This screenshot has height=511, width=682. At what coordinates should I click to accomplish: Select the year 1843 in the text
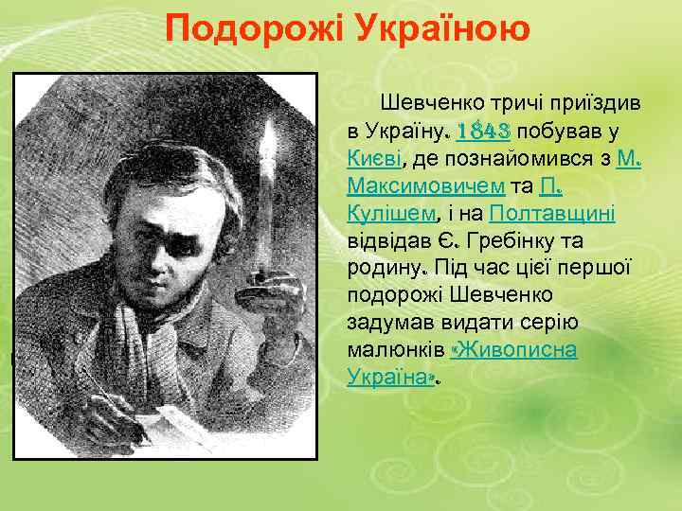(x=485, y=130)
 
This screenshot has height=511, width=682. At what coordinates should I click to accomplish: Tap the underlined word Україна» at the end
(x=391, y=377)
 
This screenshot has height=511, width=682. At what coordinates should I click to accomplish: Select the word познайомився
(x=520, y=157)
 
